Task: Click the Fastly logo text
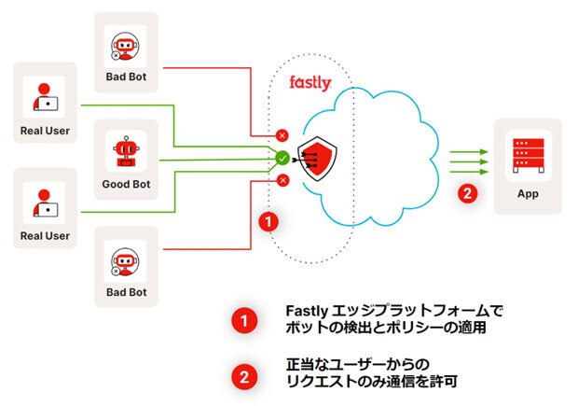point(310,84)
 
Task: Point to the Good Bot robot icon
point(125,153)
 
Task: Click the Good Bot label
point(126,185)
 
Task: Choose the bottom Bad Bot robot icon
point(125,260)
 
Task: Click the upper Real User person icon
point(45,97)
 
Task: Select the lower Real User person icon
point(45,203)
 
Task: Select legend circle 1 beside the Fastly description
point(243,320)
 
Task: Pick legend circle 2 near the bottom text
point(243,377)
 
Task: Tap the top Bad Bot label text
point(126,77)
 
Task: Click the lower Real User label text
point(45,236)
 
